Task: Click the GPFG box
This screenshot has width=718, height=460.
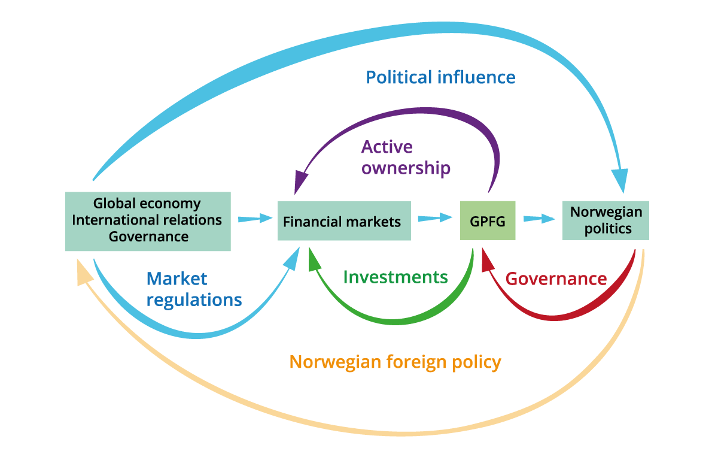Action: (x=487, y=221)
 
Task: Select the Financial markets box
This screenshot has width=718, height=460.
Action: (x=344, y=221)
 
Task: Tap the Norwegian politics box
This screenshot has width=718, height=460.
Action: (x=606, y=220)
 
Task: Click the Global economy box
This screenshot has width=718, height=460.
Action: (x=147, y=204)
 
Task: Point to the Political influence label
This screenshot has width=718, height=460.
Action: (x=440, y=77)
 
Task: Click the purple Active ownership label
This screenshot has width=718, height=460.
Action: (x=405, y=158)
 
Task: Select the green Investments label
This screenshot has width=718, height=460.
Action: (x=395, y=277)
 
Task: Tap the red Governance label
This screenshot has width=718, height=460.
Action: (x=556, y=279)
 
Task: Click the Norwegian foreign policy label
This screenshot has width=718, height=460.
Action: (x=395, y=362)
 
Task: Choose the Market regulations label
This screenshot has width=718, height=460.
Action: (x=194, y=289)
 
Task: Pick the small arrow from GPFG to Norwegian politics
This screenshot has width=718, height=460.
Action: (x=539, y=219)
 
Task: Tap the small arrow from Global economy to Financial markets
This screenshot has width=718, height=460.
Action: (x=254, y=219)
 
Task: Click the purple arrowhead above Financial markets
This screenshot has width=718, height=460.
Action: (x=299, y=181)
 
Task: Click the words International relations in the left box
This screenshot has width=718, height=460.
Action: (x=147, y=220)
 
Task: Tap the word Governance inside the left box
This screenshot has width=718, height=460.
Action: (x=148, y=236)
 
